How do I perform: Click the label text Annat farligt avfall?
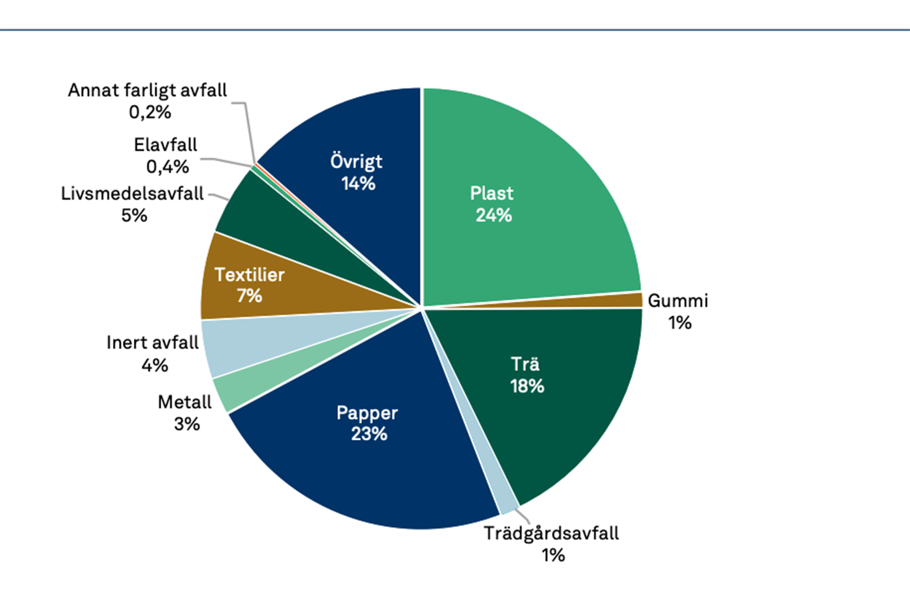click(x=148, y=90)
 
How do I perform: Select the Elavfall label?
click(x=165, y=145)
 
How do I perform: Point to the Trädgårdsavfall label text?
click(x=551, y=534)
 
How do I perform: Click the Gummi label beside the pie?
click(x=678, y=301)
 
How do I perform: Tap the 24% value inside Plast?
click(x=494, y=215)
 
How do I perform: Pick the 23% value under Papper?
click(x=369, y=433)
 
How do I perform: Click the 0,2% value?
click(x=149, y=112)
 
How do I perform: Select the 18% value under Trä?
click(x=527, y=386)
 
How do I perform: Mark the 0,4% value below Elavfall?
click(x=167, y=167)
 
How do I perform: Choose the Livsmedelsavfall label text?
click(x=132, y=194)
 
